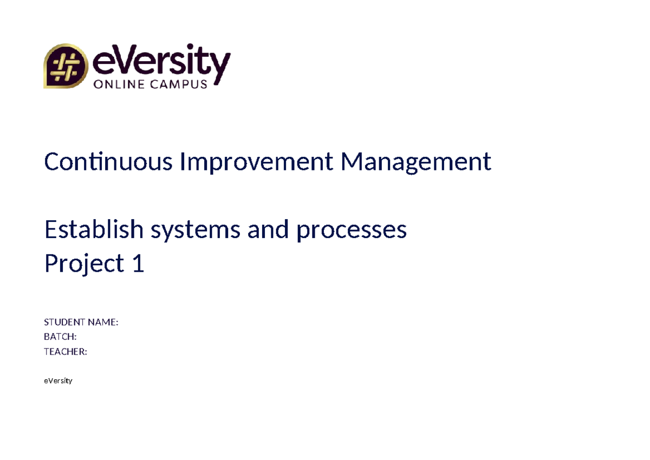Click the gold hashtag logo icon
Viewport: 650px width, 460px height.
(x=66, y=66)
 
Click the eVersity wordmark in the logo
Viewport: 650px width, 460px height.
(x=162, y=61)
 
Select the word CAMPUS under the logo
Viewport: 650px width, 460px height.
(x=180, y=84)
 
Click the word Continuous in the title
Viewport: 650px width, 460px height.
(x=108, y=161)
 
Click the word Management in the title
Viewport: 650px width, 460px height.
(x=415, y=161)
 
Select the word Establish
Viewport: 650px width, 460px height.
(x=94, y=230)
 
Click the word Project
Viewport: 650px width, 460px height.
(x=84, y=264)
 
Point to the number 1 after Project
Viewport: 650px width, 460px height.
(x=138, y=264)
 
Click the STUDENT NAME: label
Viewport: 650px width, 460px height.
(x=81, y=323)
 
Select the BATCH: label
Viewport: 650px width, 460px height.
(x=60, y=337)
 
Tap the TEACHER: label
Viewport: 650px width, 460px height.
(x=65, y=352)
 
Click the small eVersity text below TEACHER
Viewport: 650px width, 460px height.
(x=58, y=381)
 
